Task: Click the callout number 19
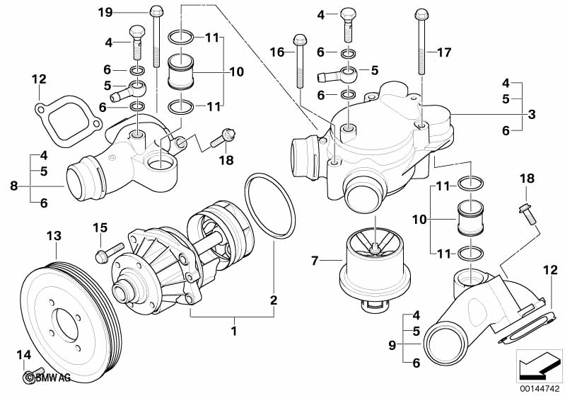tap(105, 12)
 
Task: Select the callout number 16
tap(276, 52)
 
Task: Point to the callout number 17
tap(443, 52)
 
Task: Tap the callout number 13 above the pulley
tap(54, 234)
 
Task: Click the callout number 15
tap(100, 227)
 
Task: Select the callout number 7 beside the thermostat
tap(314, 261)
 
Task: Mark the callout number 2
tap(272, 300)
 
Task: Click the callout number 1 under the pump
tap(234, 329)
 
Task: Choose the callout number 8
tap(13, 187)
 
